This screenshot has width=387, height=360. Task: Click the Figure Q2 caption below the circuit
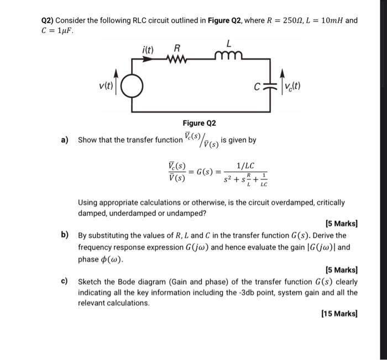199,123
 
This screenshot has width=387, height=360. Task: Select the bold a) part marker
65,140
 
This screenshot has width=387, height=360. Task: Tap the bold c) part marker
65,281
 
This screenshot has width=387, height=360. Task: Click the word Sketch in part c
91,282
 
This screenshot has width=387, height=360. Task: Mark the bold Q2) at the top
50,20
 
